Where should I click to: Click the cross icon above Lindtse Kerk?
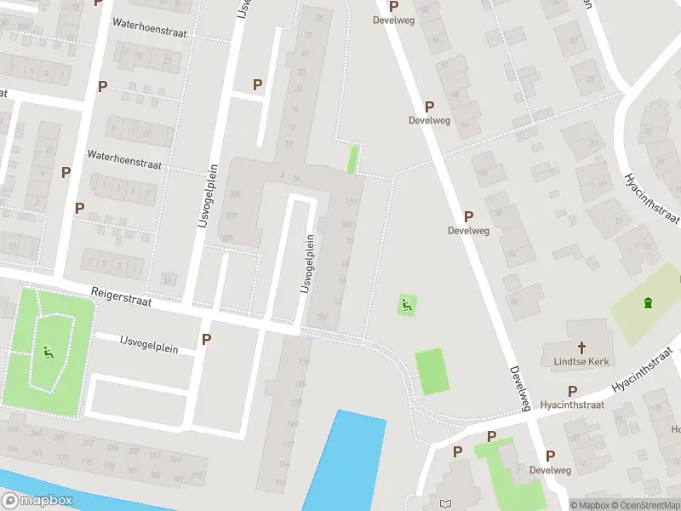pos(582,347)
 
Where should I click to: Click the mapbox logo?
pos(37,501)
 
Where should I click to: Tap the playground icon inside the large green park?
pos(47,351)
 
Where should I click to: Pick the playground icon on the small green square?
pos(407,304)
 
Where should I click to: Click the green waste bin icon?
pos(649,302)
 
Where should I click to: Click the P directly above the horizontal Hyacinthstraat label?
pos(572,391)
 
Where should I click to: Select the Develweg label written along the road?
pos(519,387)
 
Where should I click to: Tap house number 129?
pos(303,362)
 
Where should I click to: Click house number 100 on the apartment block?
pos(346,225)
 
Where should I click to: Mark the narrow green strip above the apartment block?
pos(352,159)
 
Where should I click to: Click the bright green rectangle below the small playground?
pos(432,371)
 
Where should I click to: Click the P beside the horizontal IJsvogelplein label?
pos(206,339)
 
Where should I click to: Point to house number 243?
pos(12,428)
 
